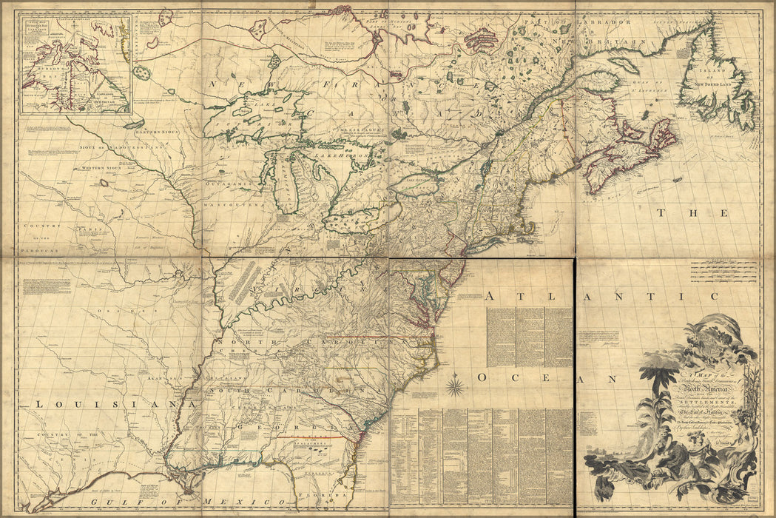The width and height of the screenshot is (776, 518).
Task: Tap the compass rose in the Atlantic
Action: [455, 386]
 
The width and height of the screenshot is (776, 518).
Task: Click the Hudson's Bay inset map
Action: [75, 65]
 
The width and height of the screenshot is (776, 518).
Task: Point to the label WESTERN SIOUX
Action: [103, 168]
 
